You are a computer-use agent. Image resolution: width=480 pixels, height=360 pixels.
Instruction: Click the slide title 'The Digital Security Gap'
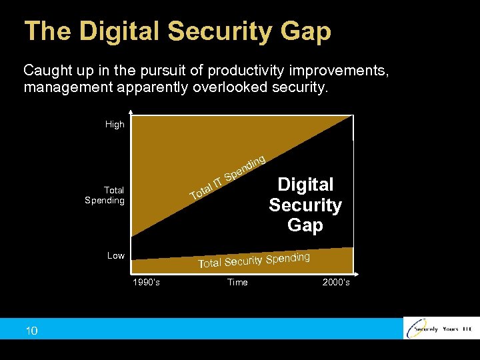coord(177,31)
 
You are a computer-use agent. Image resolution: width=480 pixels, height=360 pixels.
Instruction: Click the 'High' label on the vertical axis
coord(115,125)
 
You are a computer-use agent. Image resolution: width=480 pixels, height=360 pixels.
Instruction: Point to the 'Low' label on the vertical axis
coord(116,256)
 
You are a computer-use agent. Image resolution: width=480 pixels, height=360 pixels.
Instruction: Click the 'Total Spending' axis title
coord(105,195)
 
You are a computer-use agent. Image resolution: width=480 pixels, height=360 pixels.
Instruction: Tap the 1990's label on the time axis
coord(146,283)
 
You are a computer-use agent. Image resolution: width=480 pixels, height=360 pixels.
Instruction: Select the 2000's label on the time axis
coord(336,283)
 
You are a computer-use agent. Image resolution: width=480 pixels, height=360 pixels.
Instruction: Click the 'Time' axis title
coord(237,283)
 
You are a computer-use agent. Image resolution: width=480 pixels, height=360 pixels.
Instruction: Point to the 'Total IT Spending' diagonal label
coord(229,177)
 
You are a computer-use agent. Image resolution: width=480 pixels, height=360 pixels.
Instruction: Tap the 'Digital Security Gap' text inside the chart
coord(305,205)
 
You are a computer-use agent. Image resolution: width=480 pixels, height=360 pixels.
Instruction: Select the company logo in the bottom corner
coord(440,329)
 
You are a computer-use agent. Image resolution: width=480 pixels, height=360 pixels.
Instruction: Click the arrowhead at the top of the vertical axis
coord(132,111)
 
